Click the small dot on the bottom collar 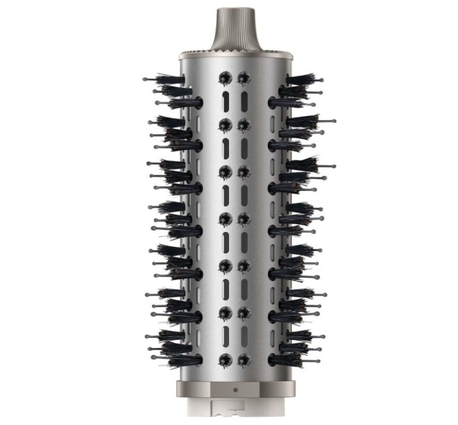(234, 390)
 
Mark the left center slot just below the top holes (225, 102)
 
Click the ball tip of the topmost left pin (145, 80)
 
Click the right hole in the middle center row (243, 219)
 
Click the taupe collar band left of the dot (202, 390)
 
